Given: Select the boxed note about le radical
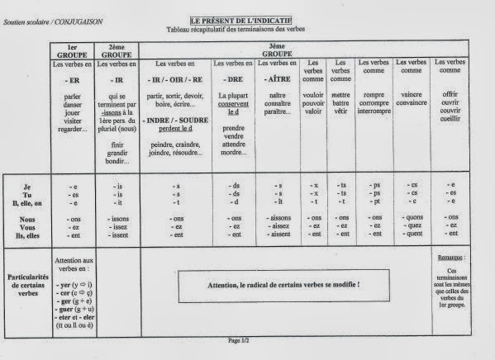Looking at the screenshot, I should coord(282,286).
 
